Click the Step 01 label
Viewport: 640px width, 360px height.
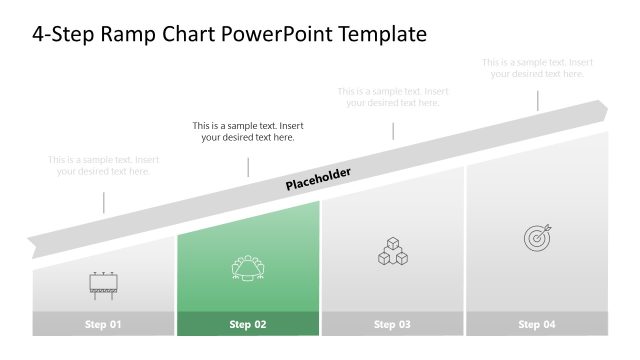coord(103,324)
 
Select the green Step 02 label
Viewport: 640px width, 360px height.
coord(248,324)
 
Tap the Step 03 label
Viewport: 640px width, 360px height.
coord(392,324)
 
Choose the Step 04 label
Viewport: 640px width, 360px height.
coord(536,324)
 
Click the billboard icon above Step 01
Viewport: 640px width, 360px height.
coord(103,286)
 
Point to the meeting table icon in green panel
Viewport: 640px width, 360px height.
coord(247,268)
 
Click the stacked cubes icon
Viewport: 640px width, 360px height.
coord(392,252)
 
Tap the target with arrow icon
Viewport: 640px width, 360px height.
coord(537,237)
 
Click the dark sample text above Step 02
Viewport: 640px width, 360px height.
coord(248,132)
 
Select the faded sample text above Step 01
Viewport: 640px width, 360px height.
coord(103,165)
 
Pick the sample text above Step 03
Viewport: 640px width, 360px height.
coord(392,97)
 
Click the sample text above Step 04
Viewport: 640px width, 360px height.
coord(537,68)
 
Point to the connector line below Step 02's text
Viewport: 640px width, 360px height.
coord(248,166)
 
